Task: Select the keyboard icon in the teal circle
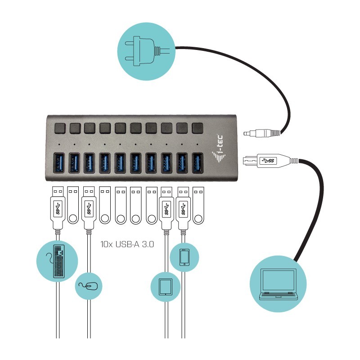(57, 261)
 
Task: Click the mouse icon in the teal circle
(88, 286)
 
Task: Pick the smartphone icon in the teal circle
(184, 257)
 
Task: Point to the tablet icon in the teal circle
(165, 286)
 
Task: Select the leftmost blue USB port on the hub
(59, 162)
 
